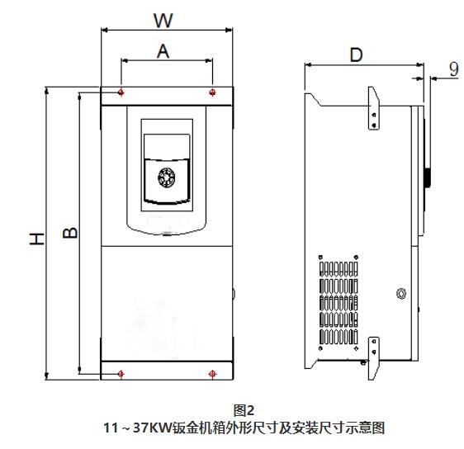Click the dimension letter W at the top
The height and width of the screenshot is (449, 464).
point(163,20)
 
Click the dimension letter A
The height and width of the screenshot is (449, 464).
point(163,51)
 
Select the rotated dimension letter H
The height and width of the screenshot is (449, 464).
point(37,239)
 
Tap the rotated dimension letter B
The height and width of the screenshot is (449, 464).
point(70,233)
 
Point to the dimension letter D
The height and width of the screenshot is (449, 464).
point(356,55)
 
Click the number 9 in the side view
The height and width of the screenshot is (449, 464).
point(453,69)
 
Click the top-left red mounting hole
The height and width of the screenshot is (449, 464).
point(121,92)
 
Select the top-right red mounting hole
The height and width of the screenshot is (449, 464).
point(212,92)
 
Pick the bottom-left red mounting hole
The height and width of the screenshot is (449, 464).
point(121,374)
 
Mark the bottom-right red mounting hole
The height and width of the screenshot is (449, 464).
point(212,374)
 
